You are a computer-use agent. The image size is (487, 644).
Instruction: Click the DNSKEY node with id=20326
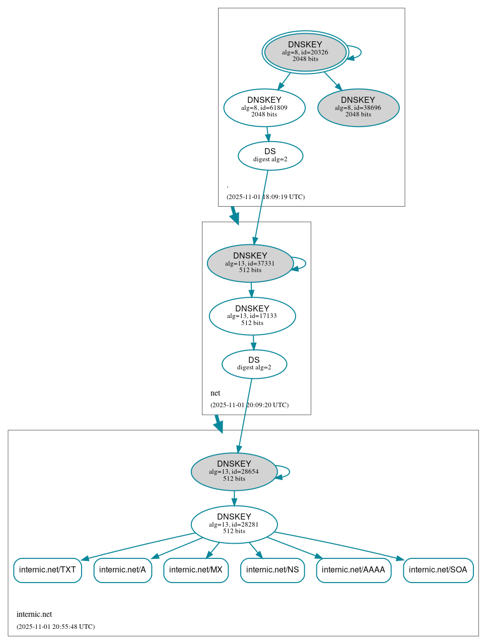pos(305,52)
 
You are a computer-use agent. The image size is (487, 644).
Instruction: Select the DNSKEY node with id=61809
pos(264,107)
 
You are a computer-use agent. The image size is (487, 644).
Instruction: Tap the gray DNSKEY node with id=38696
pos(358,107)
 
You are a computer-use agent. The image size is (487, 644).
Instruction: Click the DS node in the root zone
pos(270,156)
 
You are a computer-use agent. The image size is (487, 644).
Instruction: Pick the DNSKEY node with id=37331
pos(250,263)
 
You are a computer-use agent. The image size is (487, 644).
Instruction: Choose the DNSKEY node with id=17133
pos(252,316)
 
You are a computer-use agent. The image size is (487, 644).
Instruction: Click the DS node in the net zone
pos(254,364)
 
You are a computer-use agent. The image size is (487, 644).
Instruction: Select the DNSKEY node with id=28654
pos(234,472)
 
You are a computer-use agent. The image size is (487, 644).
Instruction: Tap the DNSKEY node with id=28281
pos(234,524)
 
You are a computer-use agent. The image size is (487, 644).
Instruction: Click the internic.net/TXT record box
pos(47,570)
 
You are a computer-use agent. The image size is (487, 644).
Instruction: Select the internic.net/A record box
pos(122,570)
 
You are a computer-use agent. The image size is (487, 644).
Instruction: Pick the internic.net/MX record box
pos(196,570)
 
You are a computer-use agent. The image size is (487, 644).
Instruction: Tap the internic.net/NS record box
pos(272,570)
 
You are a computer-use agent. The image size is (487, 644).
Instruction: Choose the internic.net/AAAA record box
pos(354,570)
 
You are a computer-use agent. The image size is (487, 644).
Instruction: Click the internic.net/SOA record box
pos(438,570)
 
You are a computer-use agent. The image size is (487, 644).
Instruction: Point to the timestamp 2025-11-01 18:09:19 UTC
pos(265,197)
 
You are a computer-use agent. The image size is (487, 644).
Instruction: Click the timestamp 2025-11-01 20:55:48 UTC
pos(55,627)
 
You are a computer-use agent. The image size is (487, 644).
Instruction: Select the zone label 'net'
pos(215,393)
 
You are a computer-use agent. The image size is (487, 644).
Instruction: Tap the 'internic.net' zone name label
pos(34,614)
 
